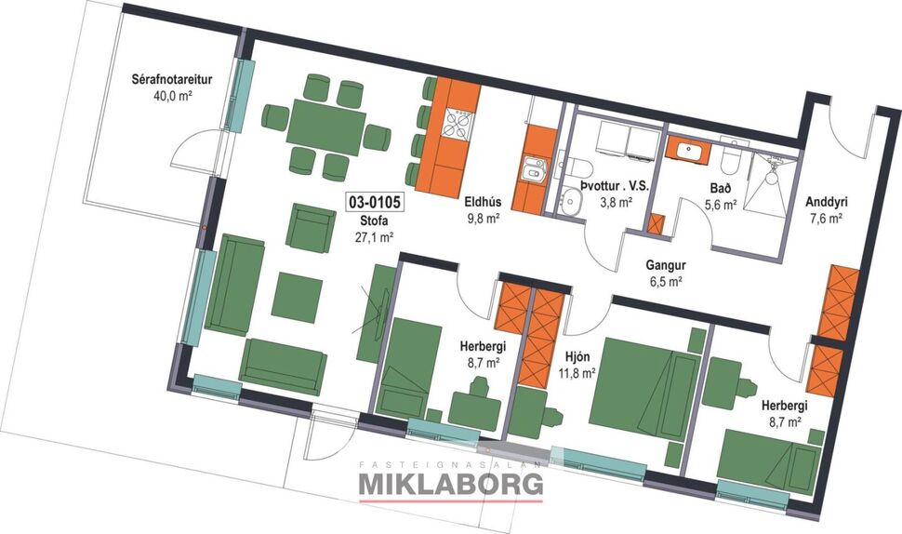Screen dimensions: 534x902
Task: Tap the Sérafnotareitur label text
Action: pyautogui.click(x=172, y=80)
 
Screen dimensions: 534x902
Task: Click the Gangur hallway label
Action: pyautogui.click(x=665, y=264)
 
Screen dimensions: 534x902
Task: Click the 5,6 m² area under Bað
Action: pyautogui.click(x=720, y=205)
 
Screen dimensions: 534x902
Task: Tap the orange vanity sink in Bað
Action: pyautogui.click(x=689, y=149)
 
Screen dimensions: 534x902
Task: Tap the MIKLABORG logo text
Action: pyautogui.click(x=451, y=484)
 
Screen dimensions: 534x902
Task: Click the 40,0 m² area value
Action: pyautogui.click(x=172, y=96)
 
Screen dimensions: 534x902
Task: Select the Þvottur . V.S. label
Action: pyautogui.click(x=613, y=186)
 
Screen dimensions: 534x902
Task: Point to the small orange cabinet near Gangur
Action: pyautogui.click(x=657, y=224)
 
